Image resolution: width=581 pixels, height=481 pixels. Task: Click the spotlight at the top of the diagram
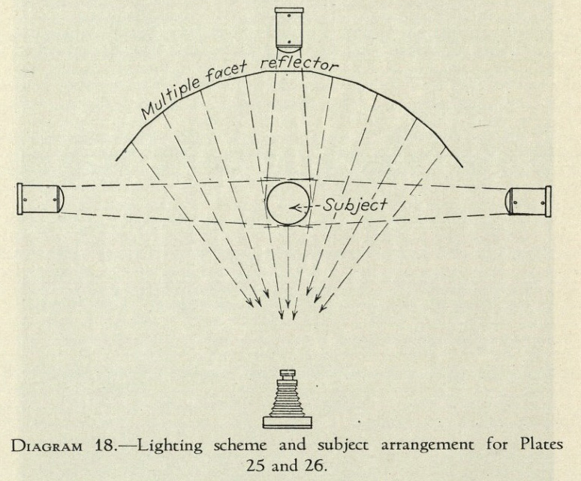point(289,30)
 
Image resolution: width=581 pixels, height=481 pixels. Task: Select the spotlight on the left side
point(41,198)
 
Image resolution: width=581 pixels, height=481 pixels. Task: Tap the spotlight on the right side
point(528,201)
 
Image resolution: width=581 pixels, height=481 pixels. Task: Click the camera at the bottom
point(287,399)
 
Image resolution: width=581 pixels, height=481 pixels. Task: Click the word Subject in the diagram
point(354,206)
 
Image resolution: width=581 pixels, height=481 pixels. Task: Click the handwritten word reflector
point(300,65)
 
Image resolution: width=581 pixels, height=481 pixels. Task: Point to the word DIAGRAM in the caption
point(47,446)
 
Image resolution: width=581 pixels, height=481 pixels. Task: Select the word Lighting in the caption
point(170,446)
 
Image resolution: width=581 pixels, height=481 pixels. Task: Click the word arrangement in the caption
point(427,446)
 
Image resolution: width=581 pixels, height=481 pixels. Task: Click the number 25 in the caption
point(256,465)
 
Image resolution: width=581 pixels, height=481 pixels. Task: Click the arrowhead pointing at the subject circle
point(295,208)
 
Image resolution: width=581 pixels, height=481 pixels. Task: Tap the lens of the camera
point(287,373)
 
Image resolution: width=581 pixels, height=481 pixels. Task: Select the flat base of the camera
point(287,422)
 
